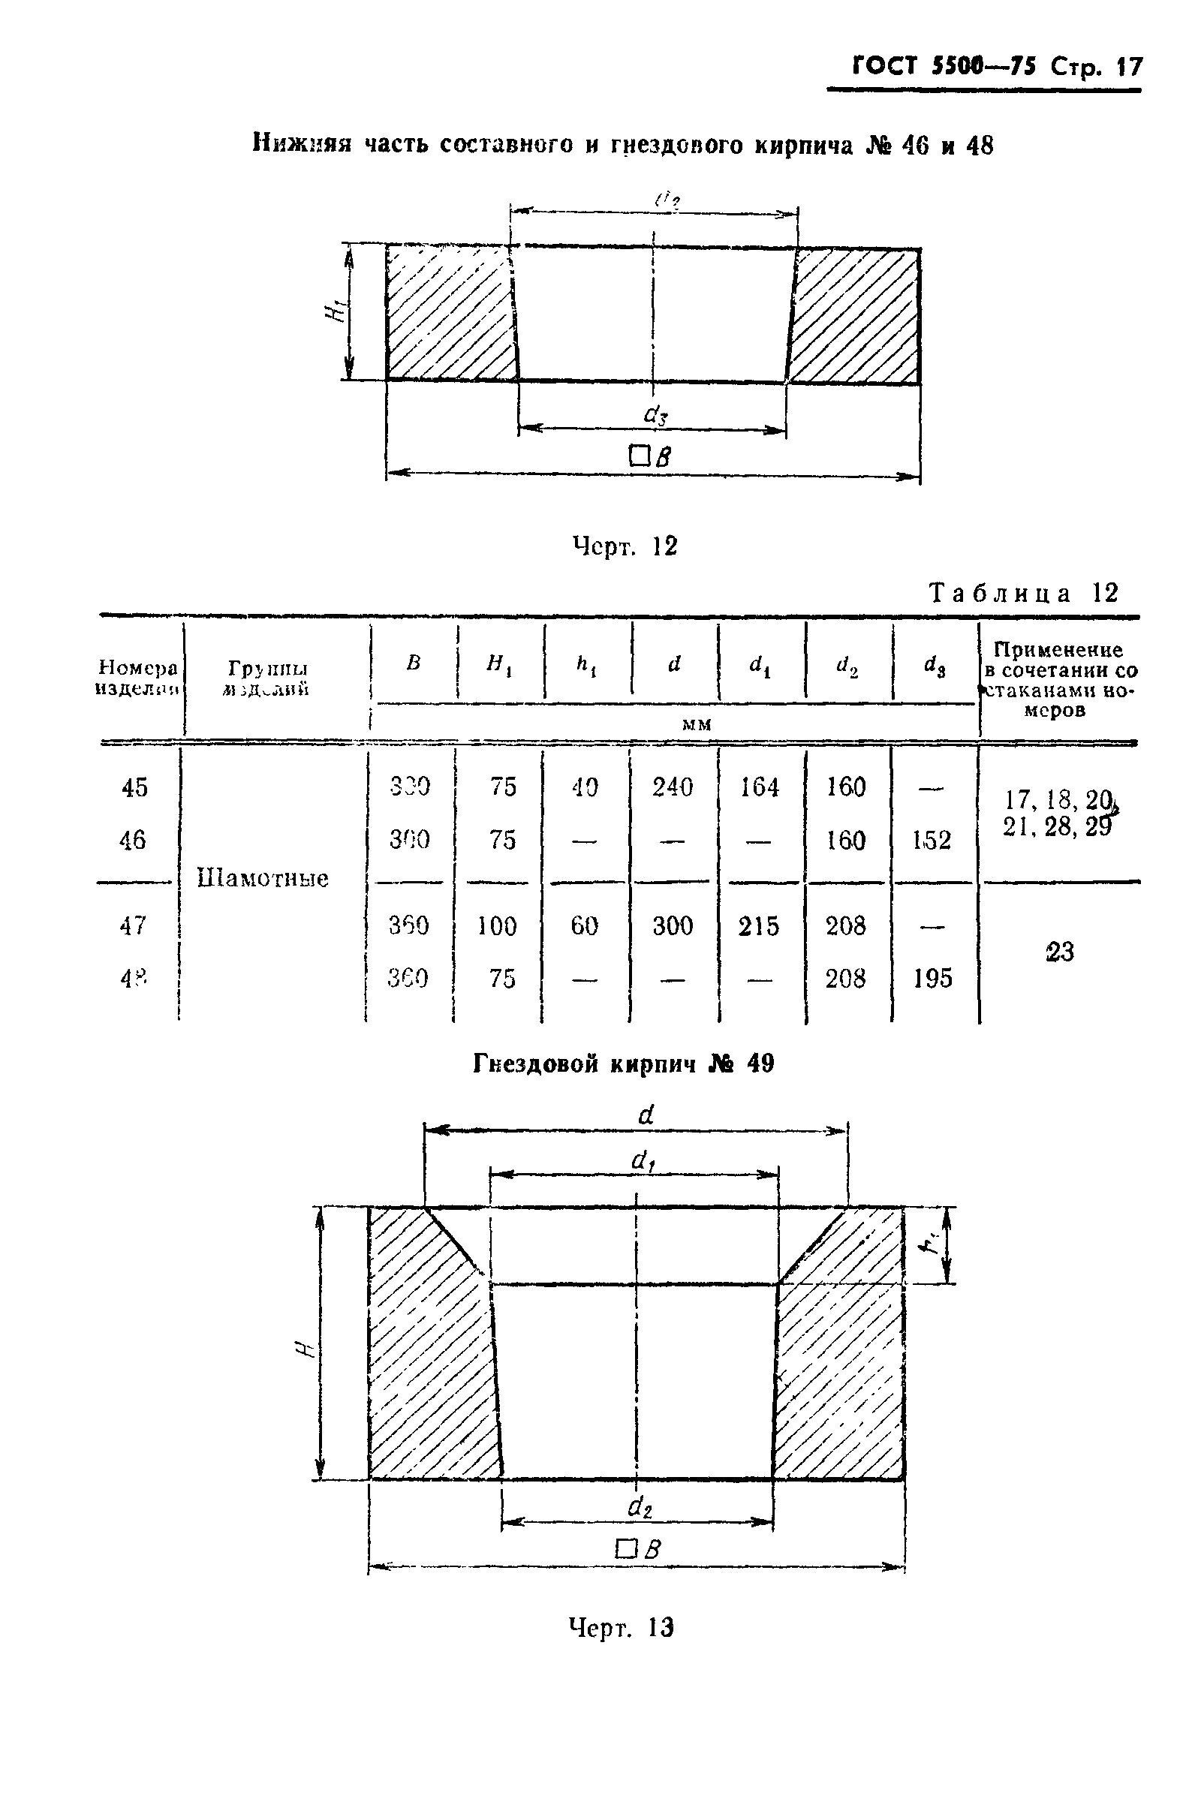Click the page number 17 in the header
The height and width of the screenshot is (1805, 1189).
click(x=1128, y=67)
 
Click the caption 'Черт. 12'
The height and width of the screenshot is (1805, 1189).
click(x=624, y=546)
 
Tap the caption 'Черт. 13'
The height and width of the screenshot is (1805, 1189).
click(x=621, y=1627)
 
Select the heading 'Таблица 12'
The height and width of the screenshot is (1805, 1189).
click(x=1023, y=593)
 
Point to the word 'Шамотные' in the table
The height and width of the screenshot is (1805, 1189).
click(x=263, y=878)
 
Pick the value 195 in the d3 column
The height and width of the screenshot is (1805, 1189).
click(x=932, y=979)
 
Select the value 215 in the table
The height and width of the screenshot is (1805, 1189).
click(x=758, y=926)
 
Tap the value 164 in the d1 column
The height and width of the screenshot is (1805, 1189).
click(x=759, y=787)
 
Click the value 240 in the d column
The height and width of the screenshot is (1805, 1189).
click(x=673, y=787)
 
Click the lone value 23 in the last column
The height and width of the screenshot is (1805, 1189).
click(x=1059, y=952)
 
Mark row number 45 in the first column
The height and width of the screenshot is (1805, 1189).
click(x=134, y=787)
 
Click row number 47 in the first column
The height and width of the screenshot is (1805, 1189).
click(x=133, y=926)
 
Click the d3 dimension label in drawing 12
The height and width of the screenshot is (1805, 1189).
click(x=655, y=414)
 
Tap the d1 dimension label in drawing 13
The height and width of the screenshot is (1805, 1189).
click(x=643, y=1161)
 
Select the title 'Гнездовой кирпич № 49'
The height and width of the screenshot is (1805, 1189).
click(x=623, y=1064)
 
